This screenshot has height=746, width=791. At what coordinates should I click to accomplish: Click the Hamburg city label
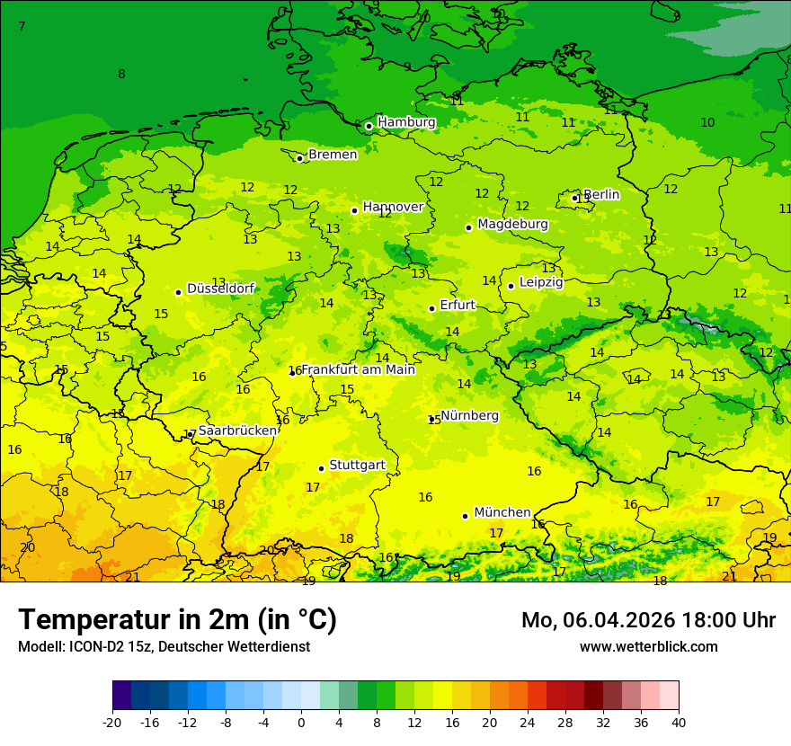click(406, 122)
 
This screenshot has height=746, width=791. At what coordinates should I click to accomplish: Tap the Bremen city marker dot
click(299, 158)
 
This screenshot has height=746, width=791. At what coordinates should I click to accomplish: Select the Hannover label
click(393, 207)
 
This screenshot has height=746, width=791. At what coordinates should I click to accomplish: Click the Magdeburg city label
click(512, 224)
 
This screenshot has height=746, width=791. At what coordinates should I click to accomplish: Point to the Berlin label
click(601, 194)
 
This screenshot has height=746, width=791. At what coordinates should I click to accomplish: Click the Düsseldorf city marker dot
click(178, 292)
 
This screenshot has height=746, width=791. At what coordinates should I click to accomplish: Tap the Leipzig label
click(541, 282)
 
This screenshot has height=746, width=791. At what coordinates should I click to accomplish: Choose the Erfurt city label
click(458, 306)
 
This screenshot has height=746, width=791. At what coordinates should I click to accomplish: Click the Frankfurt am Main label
click(358, 369)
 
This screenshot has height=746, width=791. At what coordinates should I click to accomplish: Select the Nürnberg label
click(469, 415)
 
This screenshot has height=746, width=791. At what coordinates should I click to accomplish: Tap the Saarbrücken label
click(237, 431)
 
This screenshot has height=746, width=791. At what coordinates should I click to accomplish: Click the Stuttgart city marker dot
click(321, 468)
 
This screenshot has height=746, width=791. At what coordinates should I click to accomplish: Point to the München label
click(502, 512)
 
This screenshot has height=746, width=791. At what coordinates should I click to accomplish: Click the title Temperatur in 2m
click(177, 620)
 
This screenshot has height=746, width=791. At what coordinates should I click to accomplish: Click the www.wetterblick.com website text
click(648, 646)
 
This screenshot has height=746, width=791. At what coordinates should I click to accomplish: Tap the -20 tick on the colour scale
click(112, 722)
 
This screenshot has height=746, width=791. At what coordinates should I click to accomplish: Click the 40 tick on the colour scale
click(678, 722)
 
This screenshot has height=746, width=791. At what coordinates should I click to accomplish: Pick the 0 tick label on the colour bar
click(301, 722)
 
